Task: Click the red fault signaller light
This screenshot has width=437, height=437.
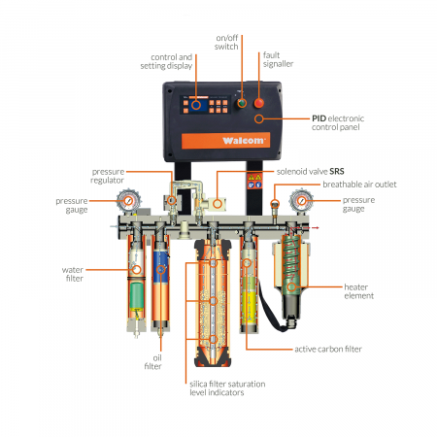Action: tap(259, 103)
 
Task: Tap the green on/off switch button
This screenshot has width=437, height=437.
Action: tap(242, 103)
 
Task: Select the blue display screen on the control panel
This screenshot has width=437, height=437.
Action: tap(198, 105)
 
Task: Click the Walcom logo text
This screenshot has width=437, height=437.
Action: tap(244, 141)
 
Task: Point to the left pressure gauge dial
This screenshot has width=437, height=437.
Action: tap(129, 201)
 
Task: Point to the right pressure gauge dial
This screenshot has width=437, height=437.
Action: tap(301, 201)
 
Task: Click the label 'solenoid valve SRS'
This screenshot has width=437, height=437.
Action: tap(310, 172)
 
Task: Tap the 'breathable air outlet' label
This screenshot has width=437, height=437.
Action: tap(359, 185)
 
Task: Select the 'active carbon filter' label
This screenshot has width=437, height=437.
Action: tap(328, 350)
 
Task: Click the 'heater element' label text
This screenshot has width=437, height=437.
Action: tap(358, 291)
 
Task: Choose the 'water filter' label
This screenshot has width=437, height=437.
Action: tap(73, 274)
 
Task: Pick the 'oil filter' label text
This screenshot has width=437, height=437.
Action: tap(153, 362)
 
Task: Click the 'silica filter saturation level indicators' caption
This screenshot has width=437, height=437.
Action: tap(227, 388)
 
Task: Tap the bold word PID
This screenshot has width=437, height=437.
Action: tap(319, 118)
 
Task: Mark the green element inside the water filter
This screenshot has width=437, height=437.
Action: tap(137, 295)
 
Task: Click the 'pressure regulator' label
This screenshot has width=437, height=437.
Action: tap(108, 176)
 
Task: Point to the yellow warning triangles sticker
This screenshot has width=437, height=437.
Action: tap(254, 178)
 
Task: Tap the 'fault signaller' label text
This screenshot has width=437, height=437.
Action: tap(278, 59)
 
